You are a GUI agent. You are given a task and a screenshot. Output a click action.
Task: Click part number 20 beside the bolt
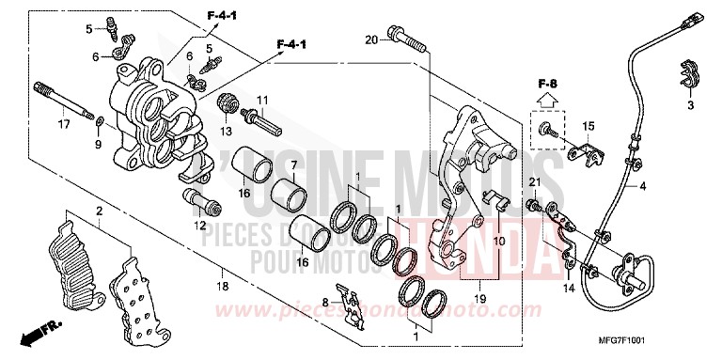(x=370, y=39)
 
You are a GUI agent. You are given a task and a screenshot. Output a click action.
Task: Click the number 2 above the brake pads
(x=97, y=212)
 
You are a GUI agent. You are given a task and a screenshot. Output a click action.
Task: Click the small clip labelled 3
(x=687, y=79)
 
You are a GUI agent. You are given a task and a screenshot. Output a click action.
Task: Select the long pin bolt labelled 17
(x=66, y=102)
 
